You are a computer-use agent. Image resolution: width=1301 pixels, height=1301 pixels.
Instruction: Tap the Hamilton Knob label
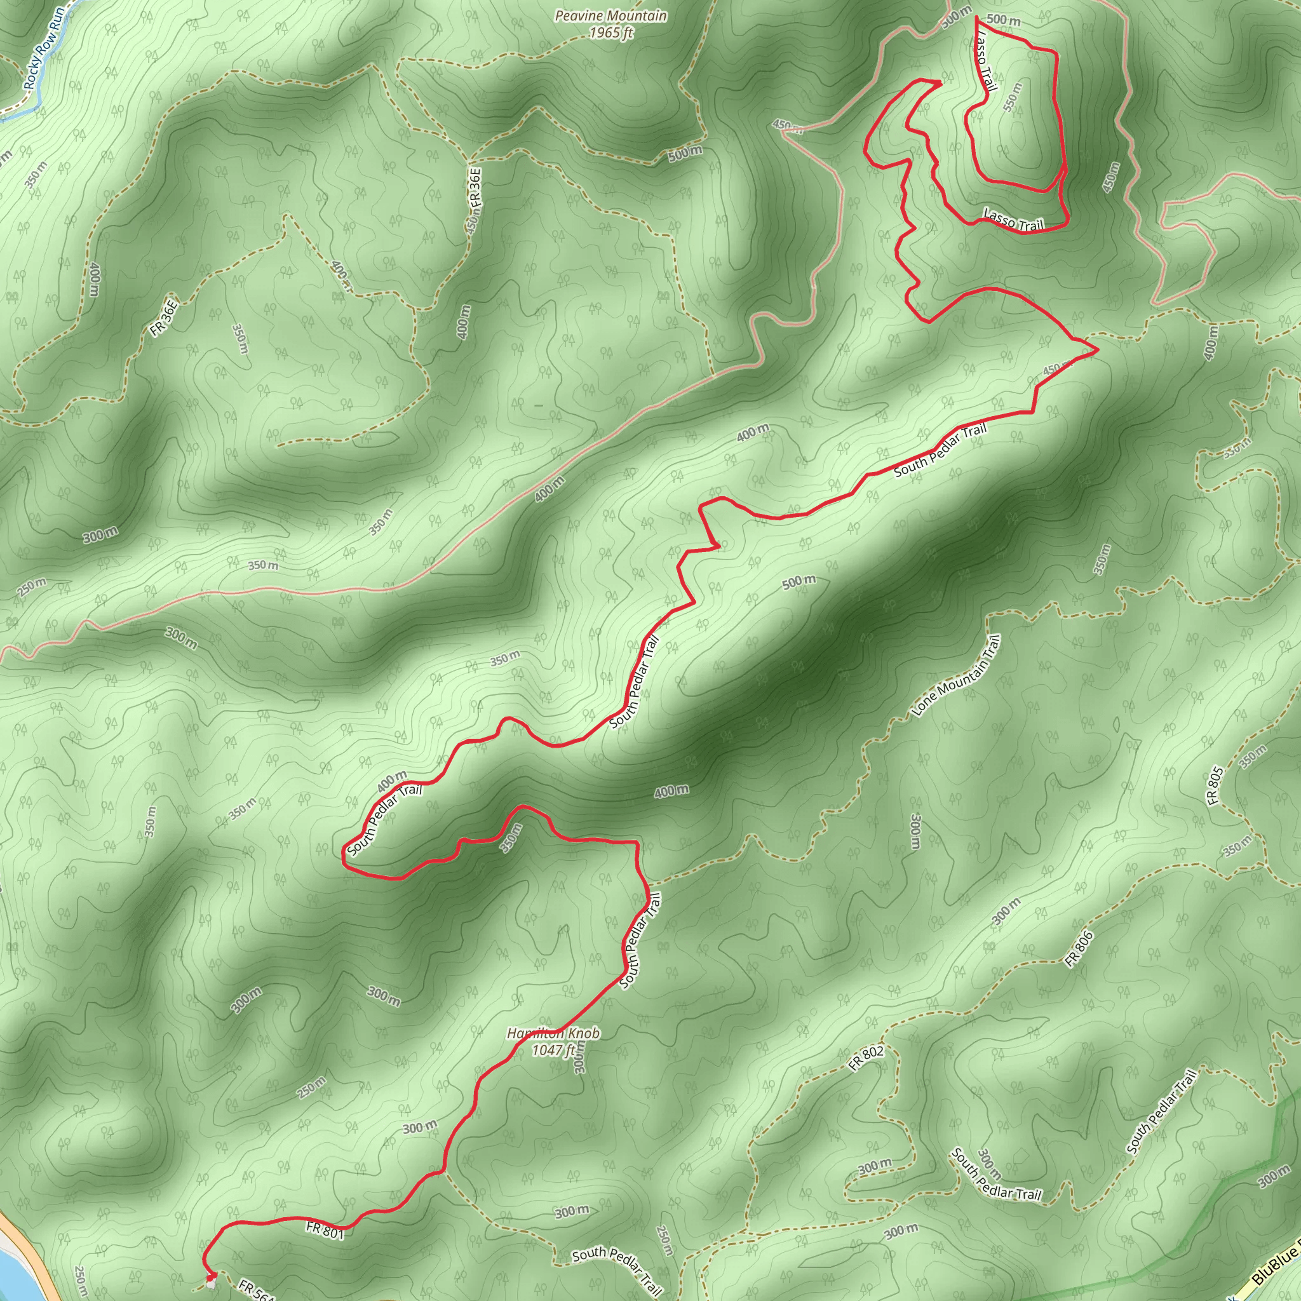click(x=553, y=1033)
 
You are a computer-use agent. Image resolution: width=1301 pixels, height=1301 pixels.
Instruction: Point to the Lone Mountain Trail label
click(x=957, y=676)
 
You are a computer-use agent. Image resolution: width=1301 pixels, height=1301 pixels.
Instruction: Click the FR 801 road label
click(x=325, y=1230)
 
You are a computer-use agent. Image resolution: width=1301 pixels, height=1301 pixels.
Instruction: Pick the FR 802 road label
click(x=866, y=1058)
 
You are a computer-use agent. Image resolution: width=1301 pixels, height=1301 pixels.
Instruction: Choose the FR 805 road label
click(x=1215, y=786)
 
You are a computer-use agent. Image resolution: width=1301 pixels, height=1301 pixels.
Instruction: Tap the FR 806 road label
click(x=1079, y=950)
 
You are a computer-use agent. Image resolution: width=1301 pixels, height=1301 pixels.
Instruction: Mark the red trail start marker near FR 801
click(x=210, y=1276)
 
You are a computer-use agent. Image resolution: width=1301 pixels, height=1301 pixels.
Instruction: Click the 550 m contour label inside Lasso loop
click(x=1012, y=97)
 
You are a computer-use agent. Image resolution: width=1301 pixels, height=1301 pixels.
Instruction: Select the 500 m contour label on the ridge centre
click(x=799, y=582)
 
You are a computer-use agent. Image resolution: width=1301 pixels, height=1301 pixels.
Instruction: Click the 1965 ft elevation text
click(x=610, y=32)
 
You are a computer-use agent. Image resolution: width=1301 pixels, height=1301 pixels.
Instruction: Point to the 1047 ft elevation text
click(x=553, y=1049)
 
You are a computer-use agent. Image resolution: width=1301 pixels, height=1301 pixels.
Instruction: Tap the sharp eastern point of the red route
click(x=1098, y=349)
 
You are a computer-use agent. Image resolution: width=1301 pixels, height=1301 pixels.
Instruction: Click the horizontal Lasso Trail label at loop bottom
click(x=1013, y=220)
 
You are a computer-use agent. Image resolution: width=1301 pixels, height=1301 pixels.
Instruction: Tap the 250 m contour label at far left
click(x=32, y=586)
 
